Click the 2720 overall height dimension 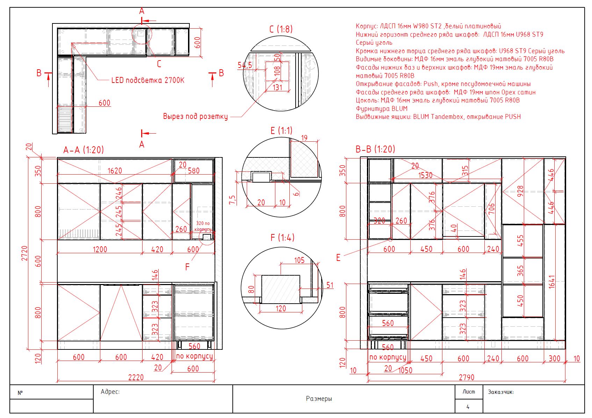click(x=24, y=253)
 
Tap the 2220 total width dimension click(x=136, y=377)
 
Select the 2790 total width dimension click(x=467, y=377)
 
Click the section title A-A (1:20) click(x=84, y=150)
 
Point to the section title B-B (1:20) click(x=375, y=149)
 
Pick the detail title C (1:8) click(x=281, y=29)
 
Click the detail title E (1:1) click(x=281, y=130)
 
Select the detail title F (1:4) click(x=282, y=238)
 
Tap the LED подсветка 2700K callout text click(x=148, y=80)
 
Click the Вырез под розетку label click(x=195, y=116)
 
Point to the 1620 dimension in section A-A click(x=115, y=171)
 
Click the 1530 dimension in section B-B click(x=425, y=175)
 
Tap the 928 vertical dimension click(x=520, y=191)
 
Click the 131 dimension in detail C click(x=277, y=87)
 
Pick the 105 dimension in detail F click(x=299, y=260)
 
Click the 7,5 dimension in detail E click(x=232, y=200)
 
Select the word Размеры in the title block click(x=319, y=398)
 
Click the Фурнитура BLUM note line click(x=382, y=108)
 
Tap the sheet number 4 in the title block click(x=468, y=407)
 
